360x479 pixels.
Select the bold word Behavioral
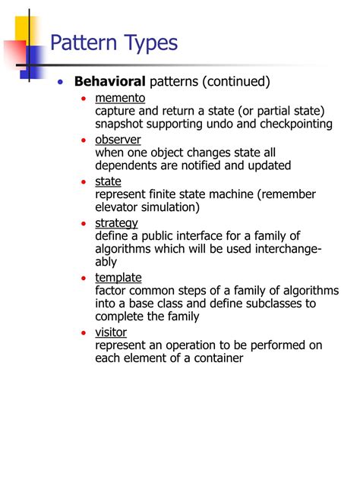tap(109, 81)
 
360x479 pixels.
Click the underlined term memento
tap(120, 99)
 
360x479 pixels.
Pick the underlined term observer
tap(118, 140)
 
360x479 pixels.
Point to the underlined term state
tap(108, 181)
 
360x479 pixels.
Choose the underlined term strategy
tap(116, 222)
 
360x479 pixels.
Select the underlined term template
tap(118, 277)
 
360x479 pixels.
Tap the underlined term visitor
tap(111, 332)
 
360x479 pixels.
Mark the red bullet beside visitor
tap(84, 333)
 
